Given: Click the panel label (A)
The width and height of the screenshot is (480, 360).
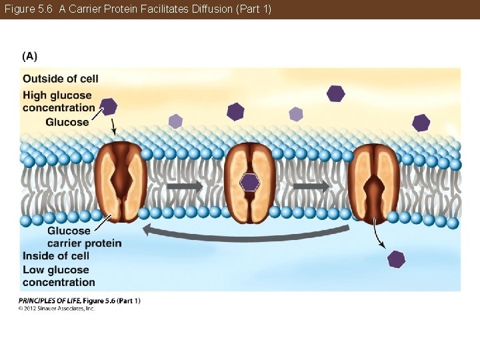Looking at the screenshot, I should [x=29, y=56].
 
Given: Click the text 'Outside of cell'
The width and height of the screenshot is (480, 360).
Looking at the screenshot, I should [x=61, y=79].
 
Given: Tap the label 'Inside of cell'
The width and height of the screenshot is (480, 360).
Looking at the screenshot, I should [x=56, y=256].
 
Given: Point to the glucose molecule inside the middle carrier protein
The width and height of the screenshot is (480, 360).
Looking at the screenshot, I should [x=249, y=182].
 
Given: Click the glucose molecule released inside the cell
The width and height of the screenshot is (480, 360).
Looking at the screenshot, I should [x=396, y=259].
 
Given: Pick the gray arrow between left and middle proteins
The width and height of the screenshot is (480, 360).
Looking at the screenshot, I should [x=184, y=187].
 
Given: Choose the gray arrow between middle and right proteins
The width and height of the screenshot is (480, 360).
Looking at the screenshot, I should [x=311, y=187].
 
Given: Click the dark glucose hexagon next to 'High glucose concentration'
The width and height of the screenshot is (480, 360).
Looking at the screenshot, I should [x=109, y=105].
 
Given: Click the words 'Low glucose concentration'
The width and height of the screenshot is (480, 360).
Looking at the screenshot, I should [x=59, y=276].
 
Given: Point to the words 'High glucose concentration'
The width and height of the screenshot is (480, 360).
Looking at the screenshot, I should [x=59, y=101].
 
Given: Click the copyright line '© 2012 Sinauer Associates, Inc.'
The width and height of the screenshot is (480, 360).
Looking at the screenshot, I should [x=57, y=309].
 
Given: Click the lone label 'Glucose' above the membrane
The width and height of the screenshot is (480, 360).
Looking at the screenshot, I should [x=67, y=122].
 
